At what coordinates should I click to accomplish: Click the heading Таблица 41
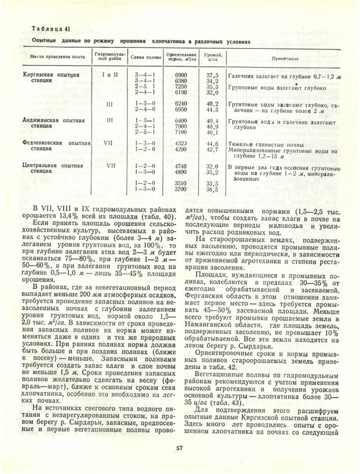(51, 28)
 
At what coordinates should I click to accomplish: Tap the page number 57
(179, 449)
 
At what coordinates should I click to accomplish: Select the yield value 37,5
(213, 75)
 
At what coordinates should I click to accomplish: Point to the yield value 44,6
(213, 143)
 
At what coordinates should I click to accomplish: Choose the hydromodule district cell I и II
(109, 75)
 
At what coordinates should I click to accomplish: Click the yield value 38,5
(213, 189)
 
